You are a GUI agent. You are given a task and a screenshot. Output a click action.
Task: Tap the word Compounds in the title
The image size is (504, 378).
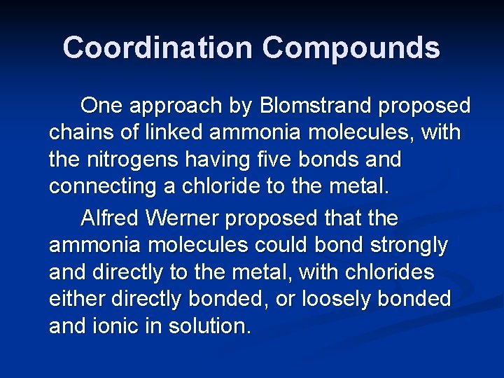351,48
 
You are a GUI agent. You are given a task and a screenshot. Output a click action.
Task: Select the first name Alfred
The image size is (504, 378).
110,218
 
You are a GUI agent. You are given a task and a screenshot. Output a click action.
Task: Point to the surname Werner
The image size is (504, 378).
184,218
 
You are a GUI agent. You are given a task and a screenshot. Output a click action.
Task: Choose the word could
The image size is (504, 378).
288,246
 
